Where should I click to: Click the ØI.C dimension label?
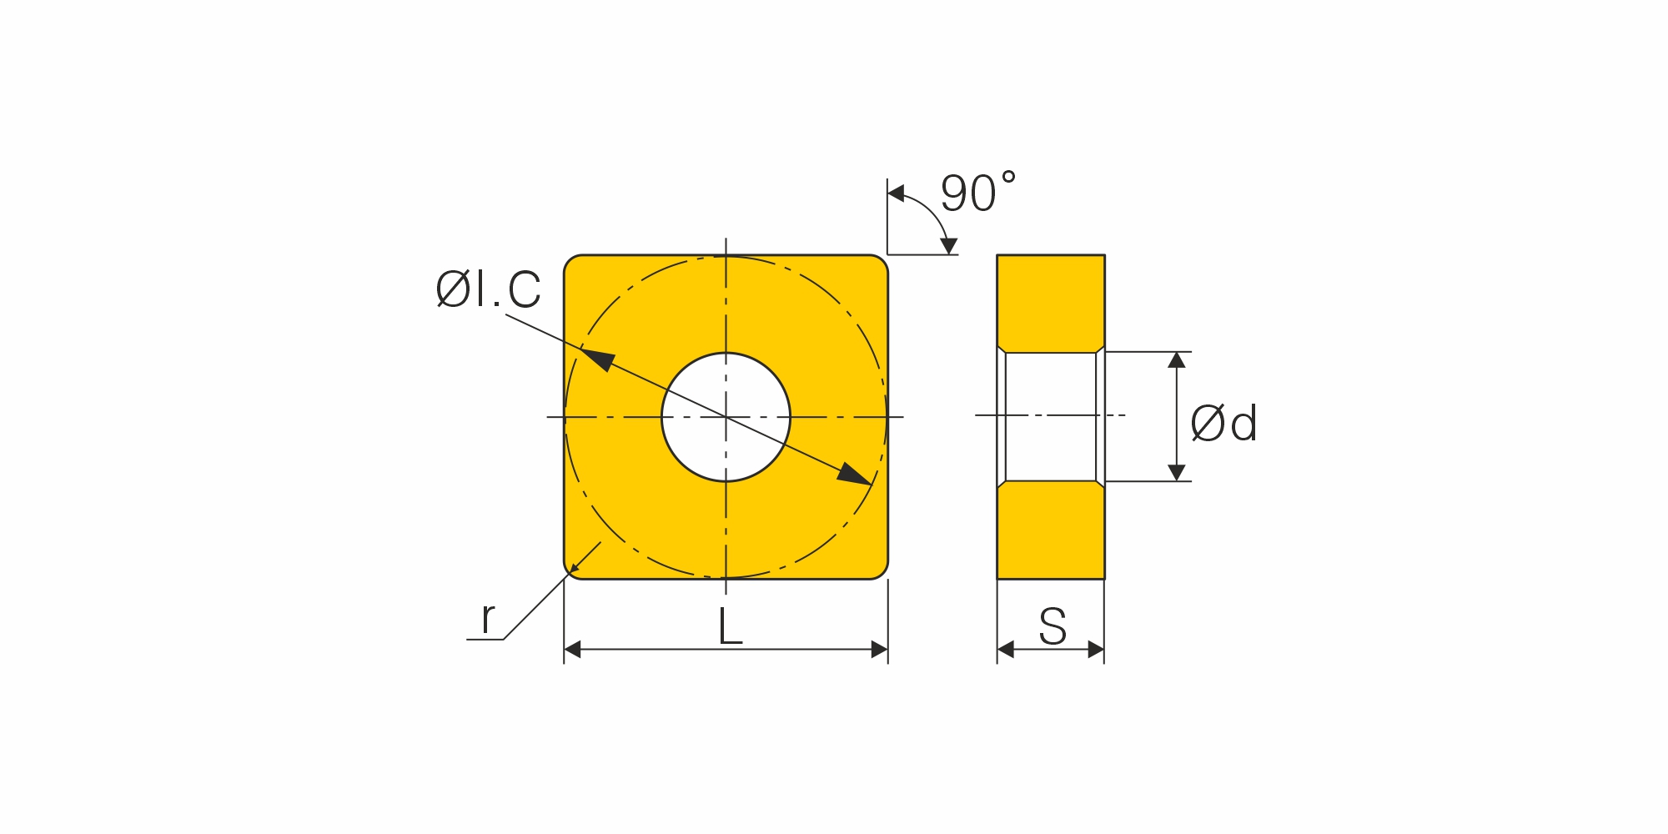point(489,290)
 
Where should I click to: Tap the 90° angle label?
point(978,193)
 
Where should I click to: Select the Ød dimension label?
point(1223,424)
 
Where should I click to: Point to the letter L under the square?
point(730,627)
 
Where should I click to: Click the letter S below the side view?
point(1053,627)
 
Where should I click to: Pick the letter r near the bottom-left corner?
point(488,618)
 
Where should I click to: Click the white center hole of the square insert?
point(726,417)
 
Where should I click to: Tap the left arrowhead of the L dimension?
point(572,650)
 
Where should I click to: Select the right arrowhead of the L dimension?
point(879,650)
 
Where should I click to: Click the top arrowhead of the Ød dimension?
point(1177,360)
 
